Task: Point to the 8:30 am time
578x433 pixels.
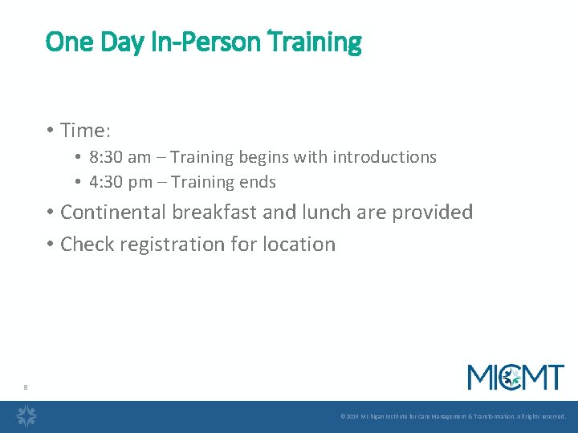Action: click(120, 157)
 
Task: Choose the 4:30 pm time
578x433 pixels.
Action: click(120, 182)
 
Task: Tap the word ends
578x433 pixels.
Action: click(257, 182)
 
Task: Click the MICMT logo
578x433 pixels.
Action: click(515, 377)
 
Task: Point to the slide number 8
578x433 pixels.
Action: click(26, 388)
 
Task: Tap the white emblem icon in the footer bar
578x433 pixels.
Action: click(27, 416)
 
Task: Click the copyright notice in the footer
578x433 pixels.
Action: click(453, 417)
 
